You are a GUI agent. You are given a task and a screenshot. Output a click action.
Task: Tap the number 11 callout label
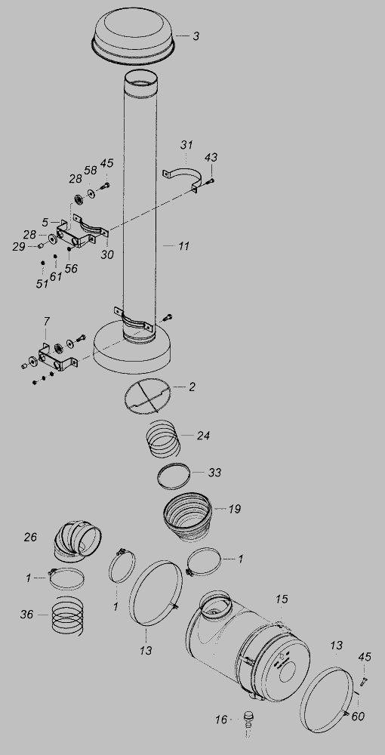pyautogui.click(x=184, y=246)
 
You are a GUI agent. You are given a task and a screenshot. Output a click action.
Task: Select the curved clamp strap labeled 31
pyautogui.click(x=181, y=177)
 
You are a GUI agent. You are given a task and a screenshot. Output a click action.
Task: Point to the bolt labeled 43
pyautogui.click(x=211, y=181)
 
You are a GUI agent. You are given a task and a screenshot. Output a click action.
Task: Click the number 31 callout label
pyautogui.click(x=186, y=144)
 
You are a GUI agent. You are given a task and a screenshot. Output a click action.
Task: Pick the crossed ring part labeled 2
pyautogui.click(x=147, y=395)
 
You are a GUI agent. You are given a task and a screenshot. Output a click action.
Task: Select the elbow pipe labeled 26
pyautogui.click(x=76, y=541)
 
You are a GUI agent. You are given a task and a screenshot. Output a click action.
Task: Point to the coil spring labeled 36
pyautogui.click(x=68, y=615)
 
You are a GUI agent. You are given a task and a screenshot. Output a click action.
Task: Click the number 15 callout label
pyautogui.click(x=282, y=599)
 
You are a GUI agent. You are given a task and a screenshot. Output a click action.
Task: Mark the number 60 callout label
pyautogui.click(x=358, y=716)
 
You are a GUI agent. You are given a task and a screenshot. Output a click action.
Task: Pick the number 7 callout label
pyautogui.click(x=46, y=321)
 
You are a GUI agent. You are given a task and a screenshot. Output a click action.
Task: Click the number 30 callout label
pyautogui.click(x=107, y=254)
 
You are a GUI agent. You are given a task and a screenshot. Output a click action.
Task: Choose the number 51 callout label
pyautogui.click(x=42, y=284)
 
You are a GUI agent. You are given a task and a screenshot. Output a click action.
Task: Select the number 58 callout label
pyautogui.click(x=91, y=170)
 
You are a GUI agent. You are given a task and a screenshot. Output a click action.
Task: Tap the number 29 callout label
pyautogui.click(x=19, y=247)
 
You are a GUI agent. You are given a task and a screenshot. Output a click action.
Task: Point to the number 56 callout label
pyautogui.click(x=71, y=269)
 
